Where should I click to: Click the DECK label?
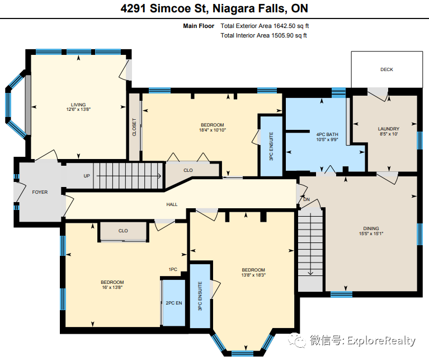pos(386,69)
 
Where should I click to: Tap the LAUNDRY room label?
pos(389,129)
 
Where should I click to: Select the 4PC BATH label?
pos(327,134)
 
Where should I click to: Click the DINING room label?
pos(371,228)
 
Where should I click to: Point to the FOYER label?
pos(40,192)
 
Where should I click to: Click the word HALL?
pos(172,204)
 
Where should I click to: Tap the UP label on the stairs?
pos(87,176)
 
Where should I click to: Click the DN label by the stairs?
pos(307,199)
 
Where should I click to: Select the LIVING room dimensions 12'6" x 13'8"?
pos(78,110)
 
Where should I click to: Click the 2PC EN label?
pos(174,303)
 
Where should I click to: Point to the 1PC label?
pos(173,269)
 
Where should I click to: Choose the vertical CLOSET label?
pos(134,127)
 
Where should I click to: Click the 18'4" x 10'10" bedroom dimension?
pos(213,130)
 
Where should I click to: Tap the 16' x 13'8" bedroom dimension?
pos(112,287)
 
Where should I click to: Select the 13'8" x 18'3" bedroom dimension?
pos(253,275)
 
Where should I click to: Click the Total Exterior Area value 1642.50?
pos(284,26)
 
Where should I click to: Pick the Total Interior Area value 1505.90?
pos(282,36)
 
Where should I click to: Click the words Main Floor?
pos(199,26)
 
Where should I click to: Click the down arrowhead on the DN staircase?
pos(310,273)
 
